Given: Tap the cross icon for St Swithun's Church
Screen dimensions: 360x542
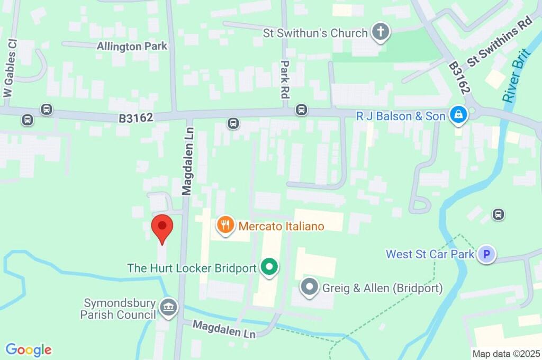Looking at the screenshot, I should click(380, 32).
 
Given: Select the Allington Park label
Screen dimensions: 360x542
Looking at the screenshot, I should click(132, 46).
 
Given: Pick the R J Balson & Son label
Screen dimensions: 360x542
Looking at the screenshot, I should click(401, 115).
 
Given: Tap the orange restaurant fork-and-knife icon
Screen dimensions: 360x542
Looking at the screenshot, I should click(225, 226).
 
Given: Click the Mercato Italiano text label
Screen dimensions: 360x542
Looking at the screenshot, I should click(281, 226).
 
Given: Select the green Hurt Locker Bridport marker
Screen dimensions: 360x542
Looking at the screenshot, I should click(270, 267).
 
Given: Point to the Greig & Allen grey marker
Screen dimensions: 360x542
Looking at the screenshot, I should click(309, 287).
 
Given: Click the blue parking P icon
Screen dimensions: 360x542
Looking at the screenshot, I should click(485, 255).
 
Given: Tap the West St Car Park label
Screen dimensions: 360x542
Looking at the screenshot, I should click(430, 254).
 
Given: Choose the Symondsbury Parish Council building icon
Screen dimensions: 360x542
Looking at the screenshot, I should click(169, 308).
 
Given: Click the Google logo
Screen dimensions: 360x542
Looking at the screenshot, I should click(29, 349).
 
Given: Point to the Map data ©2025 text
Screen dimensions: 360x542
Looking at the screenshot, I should click(505, 354).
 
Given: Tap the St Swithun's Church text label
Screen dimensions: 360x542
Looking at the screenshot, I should click(315, 33).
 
